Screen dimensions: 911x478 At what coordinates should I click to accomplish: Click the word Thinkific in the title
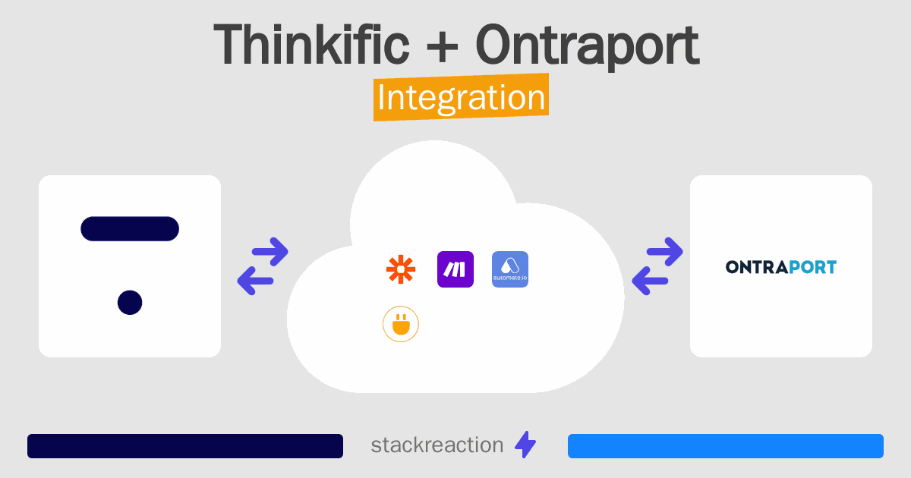311,44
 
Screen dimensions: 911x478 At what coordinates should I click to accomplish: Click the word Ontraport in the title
588,48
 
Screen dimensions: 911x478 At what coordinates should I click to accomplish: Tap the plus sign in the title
442,47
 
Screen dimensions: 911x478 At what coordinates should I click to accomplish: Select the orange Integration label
462,97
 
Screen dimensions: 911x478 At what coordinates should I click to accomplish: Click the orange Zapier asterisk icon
401,269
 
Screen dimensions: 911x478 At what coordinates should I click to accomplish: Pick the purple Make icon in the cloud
455,269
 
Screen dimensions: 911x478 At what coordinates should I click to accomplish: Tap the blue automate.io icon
510,269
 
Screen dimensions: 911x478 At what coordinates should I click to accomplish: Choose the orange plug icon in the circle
401,324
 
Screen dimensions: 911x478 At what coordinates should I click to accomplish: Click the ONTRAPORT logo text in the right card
781,267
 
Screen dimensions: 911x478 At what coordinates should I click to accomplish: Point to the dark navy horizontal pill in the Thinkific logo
130,229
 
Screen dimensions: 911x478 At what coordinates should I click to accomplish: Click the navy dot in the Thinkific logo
130,303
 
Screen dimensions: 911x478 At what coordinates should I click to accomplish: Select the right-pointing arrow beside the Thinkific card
270,252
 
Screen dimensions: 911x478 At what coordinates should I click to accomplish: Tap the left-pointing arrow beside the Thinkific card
255,281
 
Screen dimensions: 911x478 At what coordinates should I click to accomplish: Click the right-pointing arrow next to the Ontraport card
664,252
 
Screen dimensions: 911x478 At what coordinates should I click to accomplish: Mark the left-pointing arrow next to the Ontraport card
650,281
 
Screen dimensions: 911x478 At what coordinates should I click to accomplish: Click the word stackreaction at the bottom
437,445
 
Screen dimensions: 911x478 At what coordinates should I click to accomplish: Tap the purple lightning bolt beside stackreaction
525,445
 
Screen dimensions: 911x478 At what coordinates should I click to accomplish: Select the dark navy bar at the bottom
185,446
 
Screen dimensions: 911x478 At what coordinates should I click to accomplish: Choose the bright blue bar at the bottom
726,446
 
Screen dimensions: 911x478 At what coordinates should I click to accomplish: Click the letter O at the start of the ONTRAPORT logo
733,267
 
